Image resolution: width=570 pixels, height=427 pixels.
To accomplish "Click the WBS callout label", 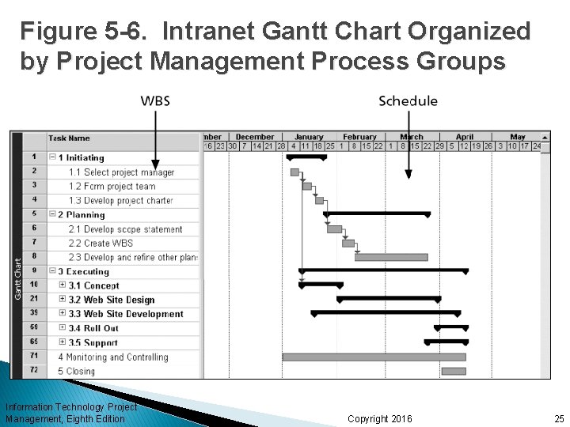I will [x=155, y=100].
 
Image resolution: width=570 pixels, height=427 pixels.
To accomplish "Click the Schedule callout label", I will [x=408, y=100].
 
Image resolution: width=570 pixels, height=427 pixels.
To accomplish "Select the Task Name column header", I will [x=69, y=138].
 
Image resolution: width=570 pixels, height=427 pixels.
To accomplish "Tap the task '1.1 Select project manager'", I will [x=121, y=172].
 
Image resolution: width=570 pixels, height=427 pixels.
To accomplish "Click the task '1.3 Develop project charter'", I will [x=120, y=201].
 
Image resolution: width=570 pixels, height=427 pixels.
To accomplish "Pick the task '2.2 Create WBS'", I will [x=101, y=244].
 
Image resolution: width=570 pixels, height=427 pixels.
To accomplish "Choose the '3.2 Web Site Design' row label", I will [x=112, y=300].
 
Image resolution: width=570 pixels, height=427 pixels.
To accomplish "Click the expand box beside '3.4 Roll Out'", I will [x=63, y=328].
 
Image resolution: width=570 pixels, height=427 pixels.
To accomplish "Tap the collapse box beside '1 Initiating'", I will [x=53, y=157].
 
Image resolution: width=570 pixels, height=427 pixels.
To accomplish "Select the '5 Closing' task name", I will [x=76, y=371].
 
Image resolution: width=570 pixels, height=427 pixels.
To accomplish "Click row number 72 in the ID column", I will [x=34, y=370].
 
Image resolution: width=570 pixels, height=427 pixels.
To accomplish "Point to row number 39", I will [x=34, y=313].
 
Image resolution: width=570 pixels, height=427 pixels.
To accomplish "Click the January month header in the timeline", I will [x=309, y=137].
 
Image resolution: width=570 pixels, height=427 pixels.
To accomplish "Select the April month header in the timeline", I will [x=465, y=137].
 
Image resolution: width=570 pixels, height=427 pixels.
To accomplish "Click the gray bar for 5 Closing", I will [x=454, y=371].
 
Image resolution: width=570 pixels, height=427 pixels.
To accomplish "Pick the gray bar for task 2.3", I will [x=391, y=257].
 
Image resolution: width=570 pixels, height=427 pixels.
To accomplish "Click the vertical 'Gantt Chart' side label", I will [x=17, y=256].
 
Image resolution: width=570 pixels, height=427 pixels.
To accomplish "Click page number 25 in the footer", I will [x=559, y=418].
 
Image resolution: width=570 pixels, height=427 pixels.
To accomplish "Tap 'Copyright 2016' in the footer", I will [x=380, y=418].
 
